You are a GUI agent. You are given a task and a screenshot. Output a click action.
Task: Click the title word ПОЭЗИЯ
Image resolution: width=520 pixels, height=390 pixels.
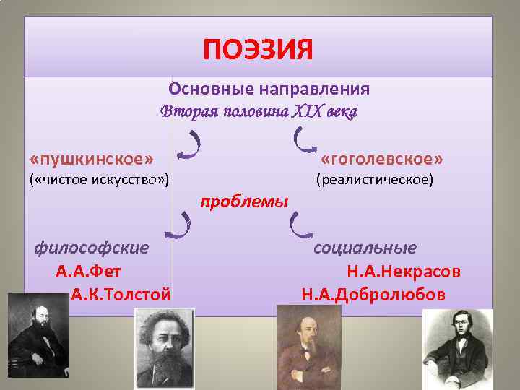click(259, 51)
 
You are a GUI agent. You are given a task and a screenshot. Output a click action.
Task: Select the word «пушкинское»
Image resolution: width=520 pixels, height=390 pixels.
click(92, 158)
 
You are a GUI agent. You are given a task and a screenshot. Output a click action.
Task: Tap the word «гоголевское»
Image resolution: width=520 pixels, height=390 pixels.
click(382, 158)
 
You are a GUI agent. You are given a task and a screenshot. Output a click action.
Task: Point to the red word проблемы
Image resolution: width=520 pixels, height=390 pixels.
click(244, 200)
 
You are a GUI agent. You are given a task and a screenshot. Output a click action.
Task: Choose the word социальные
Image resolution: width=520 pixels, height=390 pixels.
click(365, 248)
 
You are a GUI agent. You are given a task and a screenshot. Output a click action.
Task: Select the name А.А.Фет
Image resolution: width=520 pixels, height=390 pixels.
click(88, 272)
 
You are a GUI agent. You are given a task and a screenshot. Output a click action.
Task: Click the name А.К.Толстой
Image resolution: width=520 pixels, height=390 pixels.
click(121, 295)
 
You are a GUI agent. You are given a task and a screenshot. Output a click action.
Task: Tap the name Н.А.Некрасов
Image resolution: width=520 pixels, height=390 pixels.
click(404, 272)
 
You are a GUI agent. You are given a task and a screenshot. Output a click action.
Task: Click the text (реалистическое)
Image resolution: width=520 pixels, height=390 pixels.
click(375, 178)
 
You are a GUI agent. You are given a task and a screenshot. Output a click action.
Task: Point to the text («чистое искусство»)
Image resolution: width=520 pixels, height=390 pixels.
click(99, 178)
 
